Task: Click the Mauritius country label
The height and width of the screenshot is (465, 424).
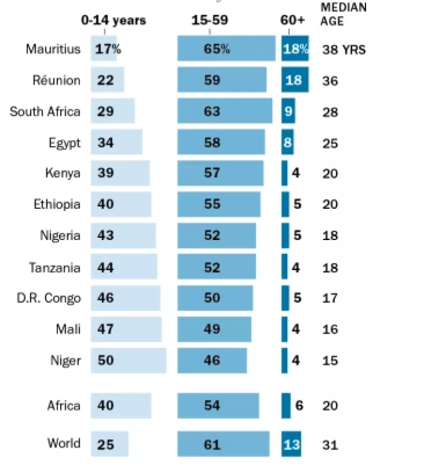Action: click(53, 49)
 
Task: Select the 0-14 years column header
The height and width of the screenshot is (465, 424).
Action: click(113, 21)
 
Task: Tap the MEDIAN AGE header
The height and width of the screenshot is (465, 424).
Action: click(344, 14)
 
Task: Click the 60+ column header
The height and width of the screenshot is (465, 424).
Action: click(293, 21)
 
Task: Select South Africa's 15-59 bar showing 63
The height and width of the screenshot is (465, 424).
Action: click(225, 111)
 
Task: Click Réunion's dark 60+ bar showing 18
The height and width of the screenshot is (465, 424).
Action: click(295, 80)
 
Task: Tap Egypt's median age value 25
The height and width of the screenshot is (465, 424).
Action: click(330, 143)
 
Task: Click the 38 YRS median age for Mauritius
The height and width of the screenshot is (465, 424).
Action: click(344, 50)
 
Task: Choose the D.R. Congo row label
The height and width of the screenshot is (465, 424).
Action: click(49, 298)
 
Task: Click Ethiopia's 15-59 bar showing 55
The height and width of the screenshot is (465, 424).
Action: click(219, 204)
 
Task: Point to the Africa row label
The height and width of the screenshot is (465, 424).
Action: click(64, 406)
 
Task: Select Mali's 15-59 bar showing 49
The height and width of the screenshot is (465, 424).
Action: click(214, 329)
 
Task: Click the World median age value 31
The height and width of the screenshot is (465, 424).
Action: click(330, 445)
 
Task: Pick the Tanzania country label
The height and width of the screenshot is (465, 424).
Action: click(55, 267)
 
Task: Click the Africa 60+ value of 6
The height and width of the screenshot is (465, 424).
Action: click(299, 406)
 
